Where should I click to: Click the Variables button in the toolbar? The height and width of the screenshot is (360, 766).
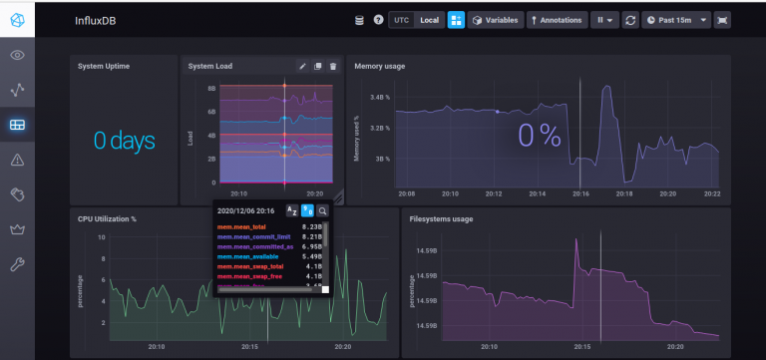coord(494,20)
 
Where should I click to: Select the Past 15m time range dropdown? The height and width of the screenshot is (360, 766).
coord(675,20)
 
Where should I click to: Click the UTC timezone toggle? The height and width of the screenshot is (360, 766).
coord(401,20)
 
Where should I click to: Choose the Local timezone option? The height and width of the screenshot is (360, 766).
coord(429,20)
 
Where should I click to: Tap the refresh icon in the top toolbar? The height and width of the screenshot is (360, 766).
coord(630,20)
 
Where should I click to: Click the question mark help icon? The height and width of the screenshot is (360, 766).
coord(379,20)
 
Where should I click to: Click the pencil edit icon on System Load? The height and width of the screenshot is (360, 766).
coord(302,67)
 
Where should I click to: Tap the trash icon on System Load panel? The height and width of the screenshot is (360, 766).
coord(333,67)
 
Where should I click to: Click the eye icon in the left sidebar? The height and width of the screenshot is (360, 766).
coord(17,55)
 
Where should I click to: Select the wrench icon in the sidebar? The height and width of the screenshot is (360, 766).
coord(17,264)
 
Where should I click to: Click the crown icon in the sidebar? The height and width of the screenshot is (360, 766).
coord(17,229)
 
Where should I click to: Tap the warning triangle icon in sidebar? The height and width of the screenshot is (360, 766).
coord(17,160)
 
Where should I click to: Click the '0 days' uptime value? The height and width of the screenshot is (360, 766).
coord(125,141)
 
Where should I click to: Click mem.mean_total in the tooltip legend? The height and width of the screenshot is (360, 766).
coord(239,227)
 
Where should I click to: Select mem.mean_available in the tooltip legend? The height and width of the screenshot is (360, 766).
coord(244,256)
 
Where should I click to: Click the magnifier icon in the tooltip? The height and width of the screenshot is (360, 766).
coord(323,210)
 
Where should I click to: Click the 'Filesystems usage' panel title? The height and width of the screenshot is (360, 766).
coord(441,218)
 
